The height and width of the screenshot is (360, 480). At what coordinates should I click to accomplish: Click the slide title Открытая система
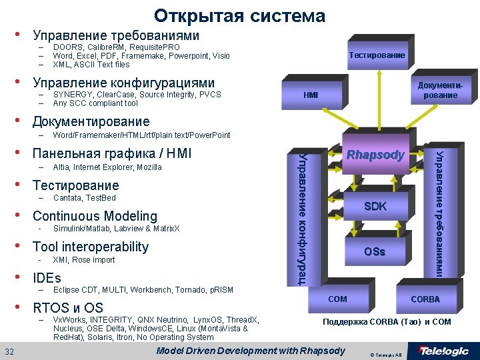click(x=239, y=15)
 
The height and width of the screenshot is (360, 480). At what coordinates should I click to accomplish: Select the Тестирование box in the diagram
click(x=377, y=55)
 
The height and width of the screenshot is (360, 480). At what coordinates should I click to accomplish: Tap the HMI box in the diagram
click(x=311, y=95)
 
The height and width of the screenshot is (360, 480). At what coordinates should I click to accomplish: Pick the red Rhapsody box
click(x=375, y=155)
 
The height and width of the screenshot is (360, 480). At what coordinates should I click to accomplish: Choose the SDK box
click(x=375, y=207)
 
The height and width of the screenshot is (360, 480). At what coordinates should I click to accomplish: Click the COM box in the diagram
click(x=337, y=299)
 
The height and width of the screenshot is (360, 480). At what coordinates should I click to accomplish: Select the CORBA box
click(x=425, y=299)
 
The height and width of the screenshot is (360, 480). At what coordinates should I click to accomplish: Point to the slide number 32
click(x=10, y=351)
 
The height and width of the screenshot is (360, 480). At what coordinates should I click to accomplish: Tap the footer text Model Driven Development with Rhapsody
click(x=250, y=351)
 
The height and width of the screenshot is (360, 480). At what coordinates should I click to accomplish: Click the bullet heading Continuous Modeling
click(x=95, y=216)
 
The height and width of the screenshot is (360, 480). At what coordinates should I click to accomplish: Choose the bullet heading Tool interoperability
click(x=91, y=247)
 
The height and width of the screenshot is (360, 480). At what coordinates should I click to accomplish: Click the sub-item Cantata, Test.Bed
click(x=84, y=198)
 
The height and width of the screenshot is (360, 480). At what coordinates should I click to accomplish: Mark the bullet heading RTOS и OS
click(x=68, y=308)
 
